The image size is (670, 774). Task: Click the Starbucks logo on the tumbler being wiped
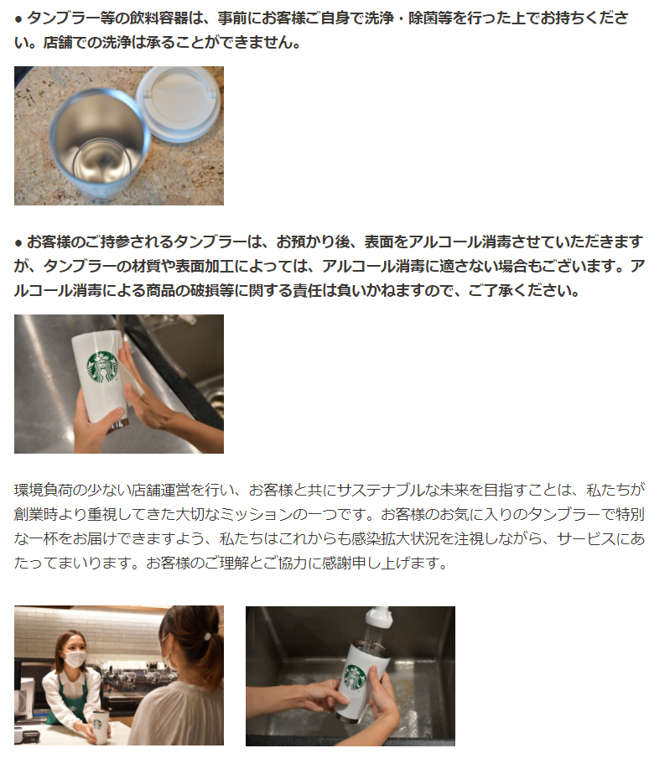tap(102, 366)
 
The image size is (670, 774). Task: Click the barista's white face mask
tap(75, 659)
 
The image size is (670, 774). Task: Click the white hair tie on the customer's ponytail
tap(208, 636)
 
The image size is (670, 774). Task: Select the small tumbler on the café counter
tap(100, 727)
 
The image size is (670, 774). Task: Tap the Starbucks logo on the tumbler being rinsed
tap(355, 677)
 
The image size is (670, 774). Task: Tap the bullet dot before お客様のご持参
tap(18, 243)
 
